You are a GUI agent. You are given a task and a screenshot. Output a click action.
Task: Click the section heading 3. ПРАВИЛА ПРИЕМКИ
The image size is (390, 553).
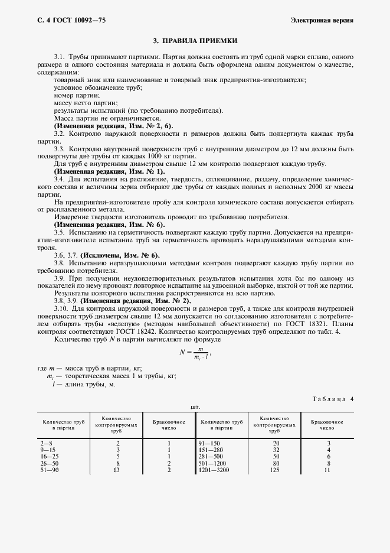tap(195, 41)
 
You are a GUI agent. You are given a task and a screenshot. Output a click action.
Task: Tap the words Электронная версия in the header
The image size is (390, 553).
tap(322, 20)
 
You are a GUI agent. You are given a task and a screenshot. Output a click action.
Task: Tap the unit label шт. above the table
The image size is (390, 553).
tap(195, 407)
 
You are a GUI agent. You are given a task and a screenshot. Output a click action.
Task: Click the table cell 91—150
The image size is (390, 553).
tap(209, 443)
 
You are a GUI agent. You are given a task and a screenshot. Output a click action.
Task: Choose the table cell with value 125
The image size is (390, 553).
tap(276, 470)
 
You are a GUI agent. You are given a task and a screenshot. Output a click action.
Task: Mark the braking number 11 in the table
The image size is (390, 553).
tap(328, 470)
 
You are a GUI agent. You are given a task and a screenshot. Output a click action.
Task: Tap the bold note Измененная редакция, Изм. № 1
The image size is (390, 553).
tap(110, 171)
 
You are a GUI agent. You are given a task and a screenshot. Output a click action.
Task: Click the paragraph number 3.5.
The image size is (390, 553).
tap(59, 232)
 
